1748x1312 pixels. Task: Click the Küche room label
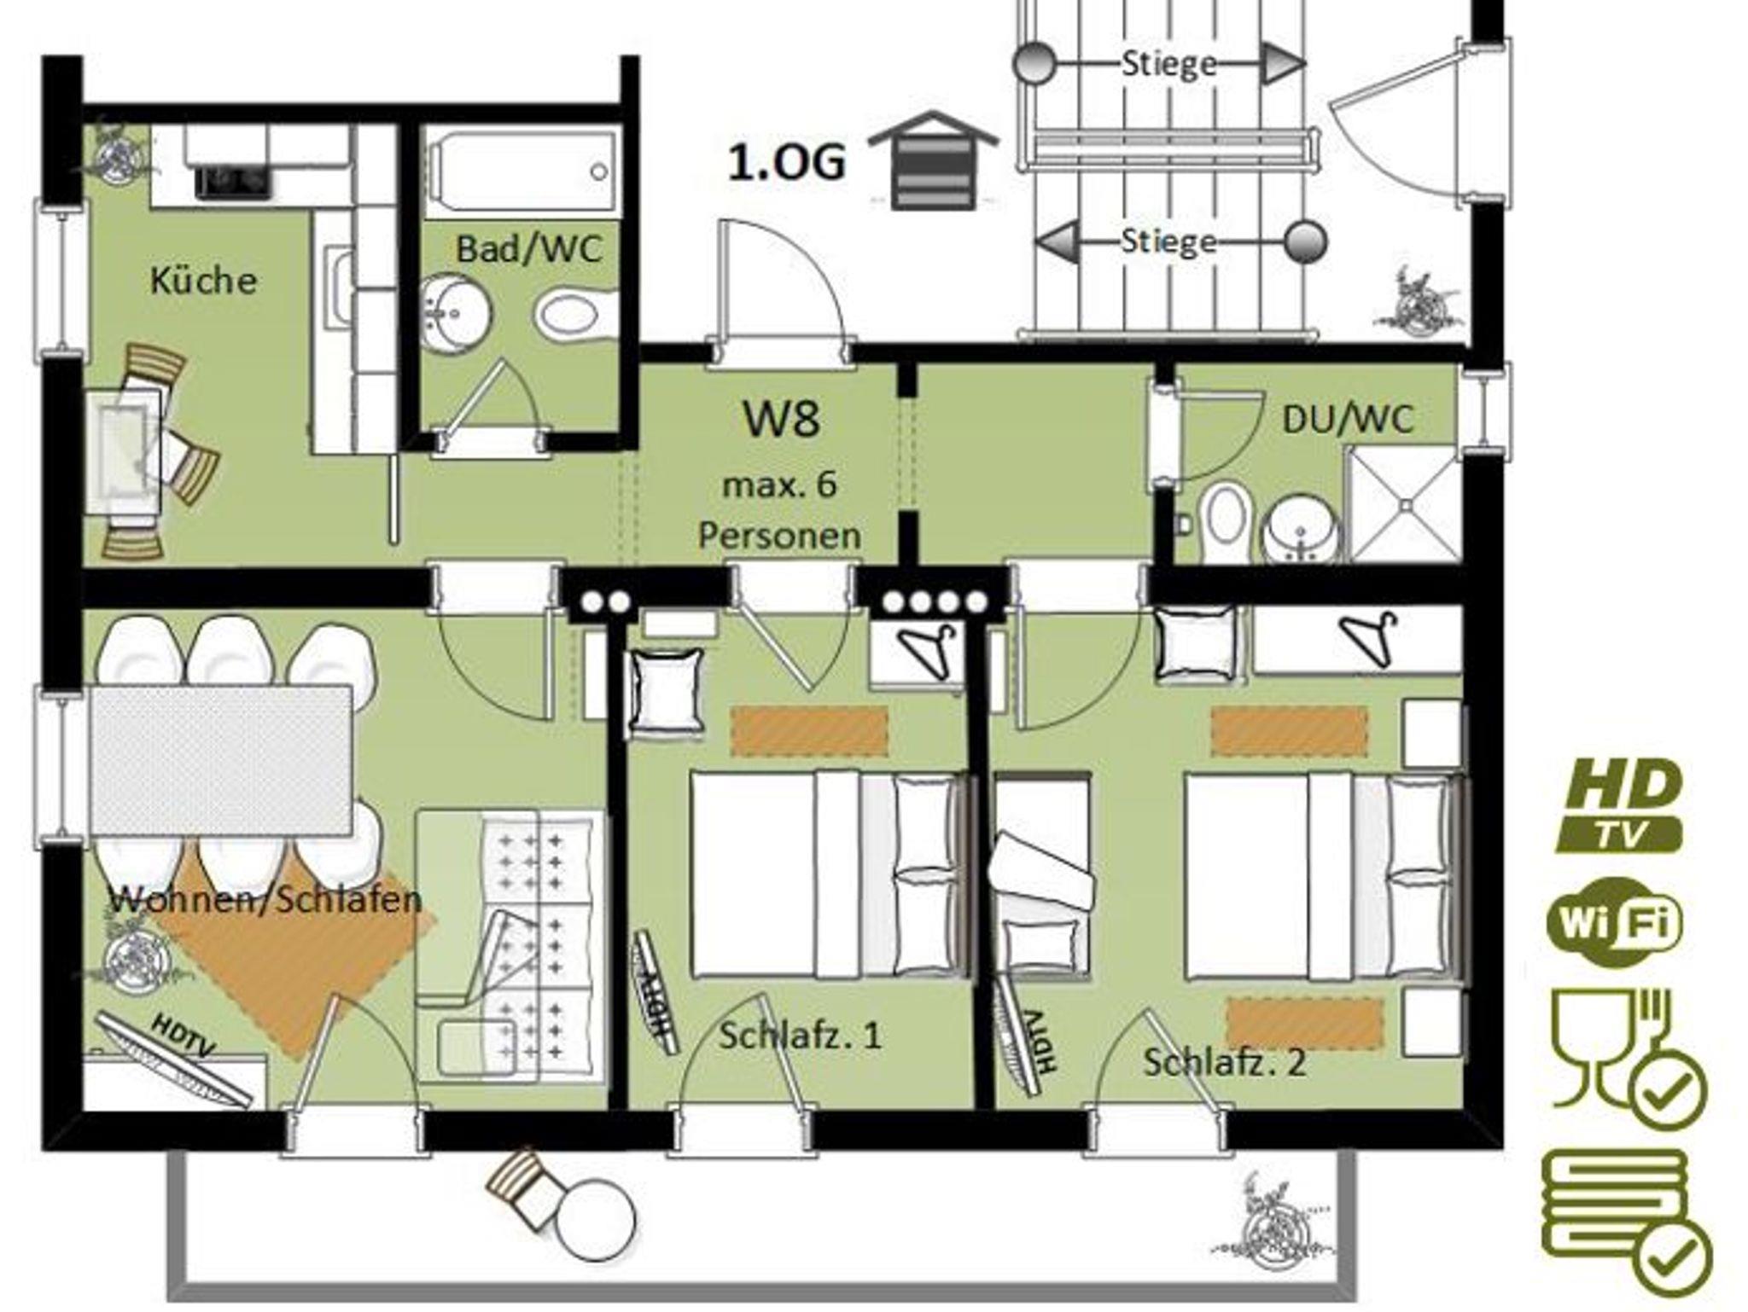pyautogui.click(x=203, y=280)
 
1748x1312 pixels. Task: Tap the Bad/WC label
pyautogui.click(x=529, y=249)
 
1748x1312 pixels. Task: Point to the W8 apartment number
pyautogui.click(x=782, y=419)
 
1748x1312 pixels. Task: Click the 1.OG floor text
pyautogui.click(x=786, y=162)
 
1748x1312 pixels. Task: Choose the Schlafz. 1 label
pyautogui.click(x=800, y=1036)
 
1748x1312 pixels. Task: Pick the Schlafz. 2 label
pyautogui.click(x=1224, y=1063)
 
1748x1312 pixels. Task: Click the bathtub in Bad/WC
pyautogui.click(x=521, y=171)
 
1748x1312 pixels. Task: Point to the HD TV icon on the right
pyautogui.click(x=1617, y=807)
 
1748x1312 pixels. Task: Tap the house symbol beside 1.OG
pyautogui.click(x=932, y=160)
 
